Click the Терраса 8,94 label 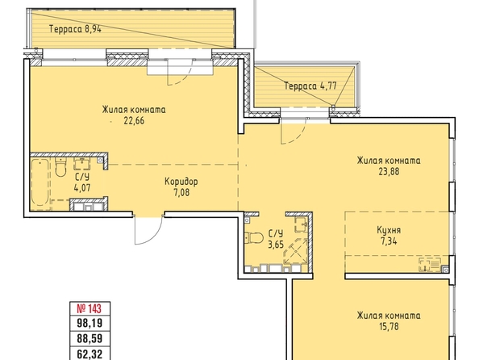point(75,29)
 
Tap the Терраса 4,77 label point(310,86)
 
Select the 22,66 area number point(134,121)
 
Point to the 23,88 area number point(389,172)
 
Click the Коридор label point(181,182)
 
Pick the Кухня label point(389,230)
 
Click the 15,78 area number point(389,326)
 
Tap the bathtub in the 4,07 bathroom point(40,183)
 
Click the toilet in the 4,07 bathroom point(60,167)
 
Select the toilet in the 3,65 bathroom point(255,237)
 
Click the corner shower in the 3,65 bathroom point(295,251)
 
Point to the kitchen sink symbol point(430,264)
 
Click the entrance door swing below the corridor point(148,230)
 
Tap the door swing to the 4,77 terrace point(293,131)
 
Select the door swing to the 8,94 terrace point(180,72)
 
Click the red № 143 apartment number point(90,308)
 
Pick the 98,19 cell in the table point(90,323)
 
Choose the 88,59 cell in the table point(90,338)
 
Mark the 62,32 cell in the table point(90,354)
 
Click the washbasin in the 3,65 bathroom point(302,225)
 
